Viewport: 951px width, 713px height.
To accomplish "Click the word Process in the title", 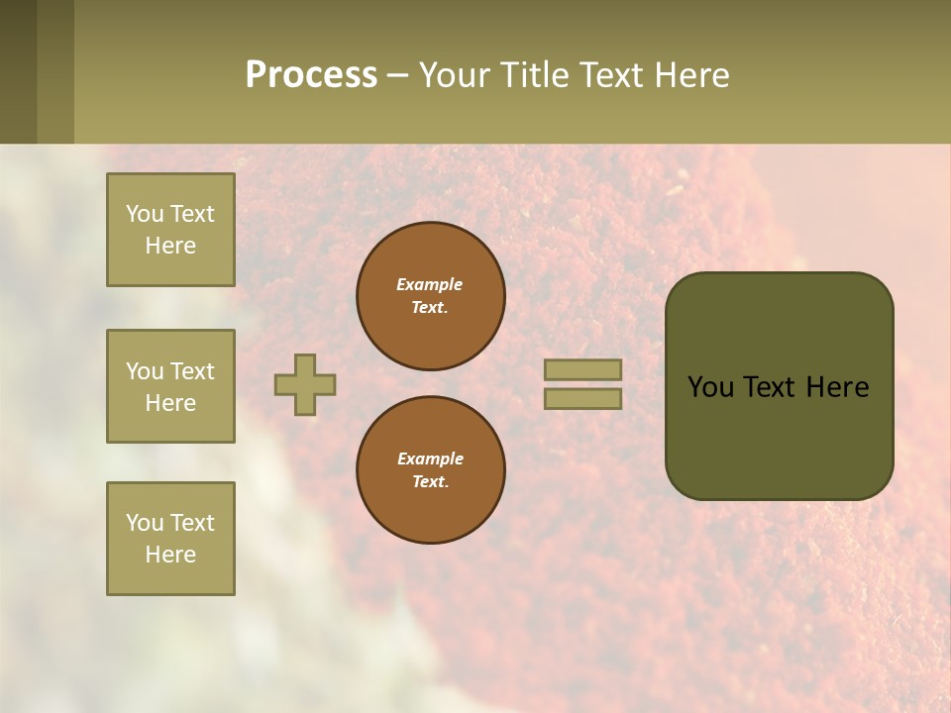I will [x=311, y=75].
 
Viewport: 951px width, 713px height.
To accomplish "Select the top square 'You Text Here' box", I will [x=170, y=230].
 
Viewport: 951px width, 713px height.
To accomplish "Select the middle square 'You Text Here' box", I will [x=170, y=386].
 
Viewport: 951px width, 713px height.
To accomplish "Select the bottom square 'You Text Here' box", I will [x=170, y=539].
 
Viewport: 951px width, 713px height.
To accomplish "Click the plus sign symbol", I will [x=305, y=384].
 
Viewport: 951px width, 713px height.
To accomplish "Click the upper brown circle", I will [x=431, y=296].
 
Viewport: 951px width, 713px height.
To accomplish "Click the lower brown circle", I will [x=431, y=470].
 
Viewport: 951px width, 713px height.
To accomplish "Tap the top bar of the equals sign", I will [x=582, y=369].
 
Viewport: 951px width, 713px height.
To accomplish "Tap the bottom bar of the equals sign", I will [x=582, y=399].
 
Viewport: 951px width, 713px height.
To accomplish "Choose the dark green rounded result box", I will [x=779, y=386].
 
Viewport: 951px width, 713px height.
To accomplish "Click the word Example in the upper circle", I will [x=430, y=284].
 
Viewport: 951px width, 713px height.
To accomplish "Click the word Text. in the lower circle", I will [x=430, y=482].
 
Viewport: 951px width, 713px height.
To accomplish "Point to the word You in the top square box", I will [x=145, y=214].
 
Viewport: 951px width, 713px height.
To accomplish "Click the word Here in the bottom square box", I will [x=170, y=555].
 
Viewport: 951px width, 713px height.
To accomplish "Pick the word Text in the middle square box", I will [x=191, y=371].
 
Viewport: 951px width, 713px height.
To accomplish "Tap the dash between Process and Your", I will [x=397, y=75].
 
